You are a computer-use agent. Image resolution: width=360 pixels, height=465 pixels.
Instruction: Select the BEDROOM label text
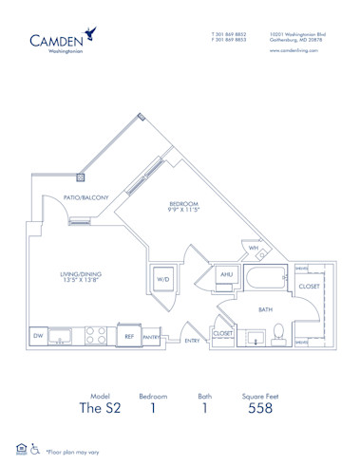click(x=183, y=203)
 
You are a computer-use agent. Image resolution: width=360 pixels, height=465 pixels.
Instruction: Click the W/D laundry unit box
click(x=161, y=279)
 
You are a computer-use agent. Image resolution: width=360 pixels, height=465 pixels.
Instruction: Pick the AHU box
click(x=226, y=275)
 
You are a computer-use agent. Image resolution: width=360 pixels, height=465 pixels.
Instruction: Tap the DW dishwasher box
click(x=38, y=335)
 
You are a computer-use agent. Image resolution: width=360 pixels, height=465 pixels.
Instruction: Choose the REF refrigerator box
click(x=127, y=335)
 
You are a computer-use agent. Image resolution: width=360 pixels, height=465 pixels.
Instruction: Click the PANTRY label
click(x=150, y=336)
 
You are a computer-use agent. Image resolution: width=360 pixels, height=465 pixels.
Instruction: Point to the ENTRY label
click(x=192, y=340)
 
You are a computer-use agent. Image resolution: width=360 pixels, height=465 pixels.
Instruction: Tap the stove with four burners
click(x=96, y=334)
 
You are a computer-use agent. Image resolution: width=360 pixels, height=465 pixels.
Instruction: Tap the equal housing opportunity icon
click(x=21, y=447)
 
